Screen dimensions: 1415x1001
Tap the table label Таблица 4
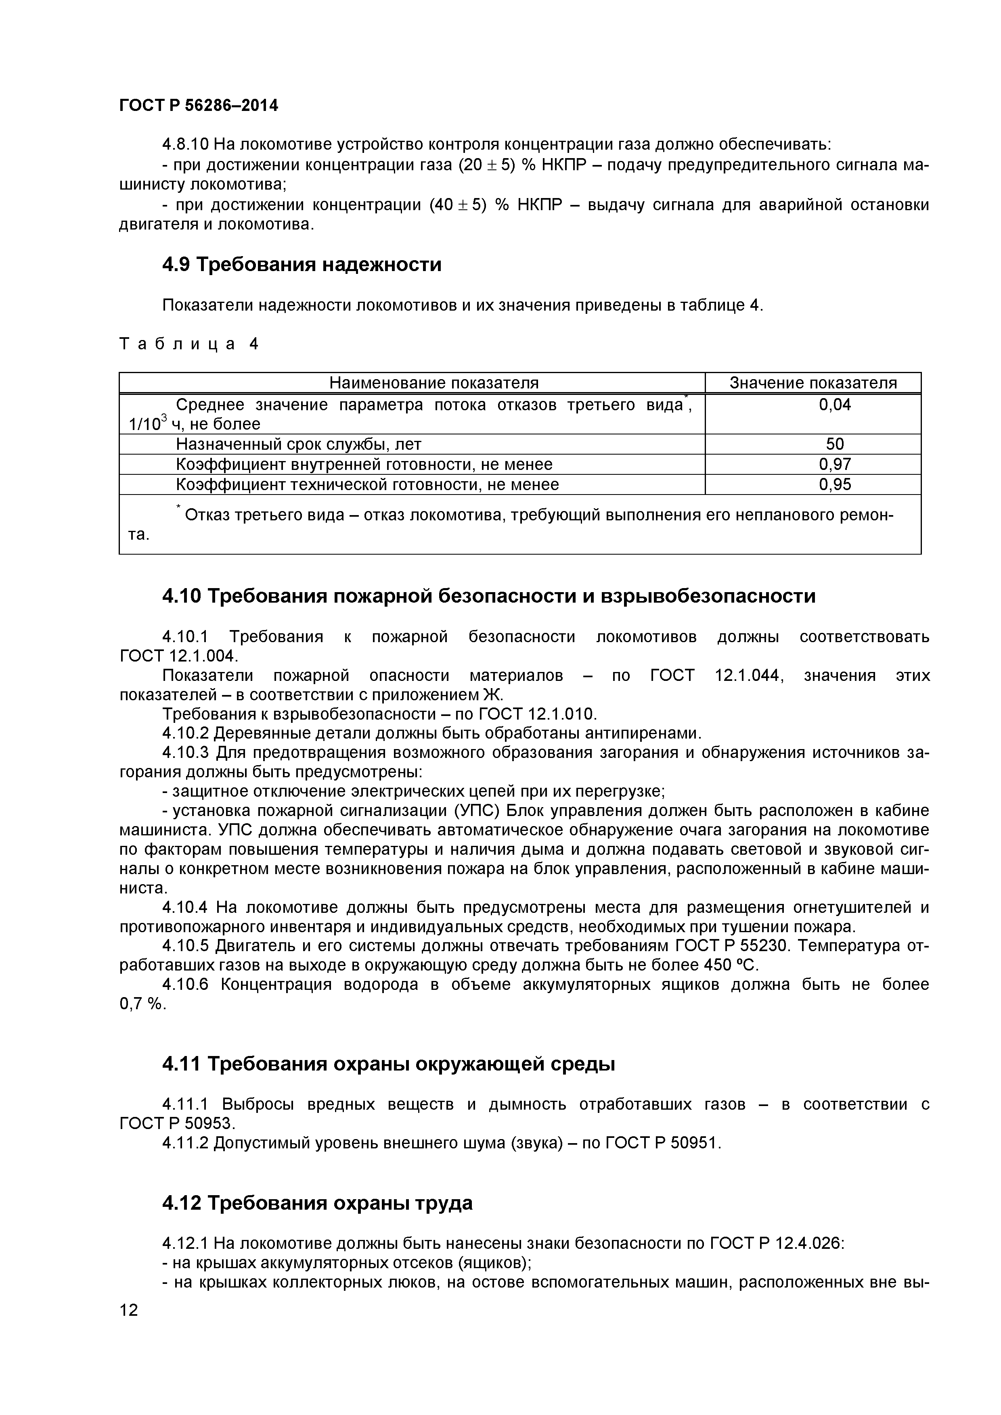pos(188,344)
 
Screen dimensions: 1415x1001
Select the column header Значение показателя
pos(813,383)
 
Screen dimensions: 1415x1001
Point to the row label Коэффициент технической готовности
pos(368,484)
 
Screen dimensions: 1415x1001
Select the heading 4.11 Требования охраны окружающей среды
pos(389,1064)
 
